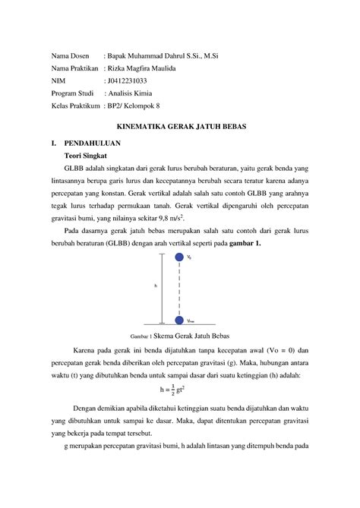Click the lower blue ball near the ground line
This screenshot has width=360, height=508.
click(179, 320)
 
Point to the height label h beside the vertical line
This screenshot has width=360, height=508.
click(155, 286)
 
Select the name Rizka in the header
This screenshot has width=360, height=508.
click(121, 68)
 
